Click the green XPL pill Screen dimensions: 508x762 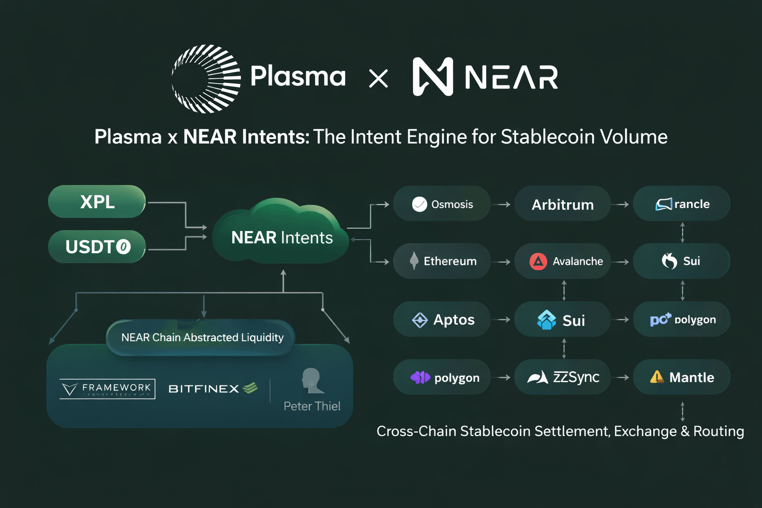pyautogui.click(x=97, y=201)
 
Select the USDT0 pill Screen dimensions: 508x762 pyautogui.click(x=97, y=247)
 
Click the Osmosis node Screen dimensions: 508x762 pyautogui.click(x=442, y=204)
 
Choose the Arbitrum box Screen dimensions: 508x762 pyautogui.click(x=562, y=204)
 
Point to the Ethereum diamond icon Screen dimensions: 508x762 pyautogui.click(x=414, y=261)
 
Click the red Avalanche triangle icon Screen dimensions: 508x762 pyautogui.click(x=538, y=261)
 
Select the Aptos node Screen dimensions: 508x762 pyautogui.click(x=442, y=319)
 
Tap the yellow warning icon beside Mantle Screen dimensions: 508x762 pyautogui.click(x=656, y=377)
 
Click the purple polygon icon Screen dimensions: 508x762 pyautogui.click(x=420, y=378)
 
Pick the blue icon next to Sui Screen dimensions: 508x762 pyautogui.click(x=546, y=320)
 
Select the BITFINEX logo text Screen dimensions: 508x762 pyautogui.click(x=204, y=389)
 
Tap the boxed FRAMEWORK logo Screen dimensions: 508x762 pyautogui.click(x=107, y=389)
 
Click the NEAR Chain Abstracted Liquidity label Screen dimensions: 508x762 pyautogui.click(x=202, y=337)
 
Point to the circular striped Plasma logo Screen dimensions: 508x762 pyautogui.click(x=206, y=78)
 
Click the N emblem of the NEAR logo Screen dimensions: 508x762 pyautogui.click(x=433, y=76)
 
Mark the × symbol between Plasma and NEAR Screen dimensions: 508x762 pyautogui.click(x=379, y=78)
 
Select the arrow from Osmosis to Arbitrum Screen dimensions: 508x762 pyautogui.click(x=504, y=204)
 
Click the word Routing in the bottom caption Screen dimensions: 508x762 pyautogui.click(x=718, y=431)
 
